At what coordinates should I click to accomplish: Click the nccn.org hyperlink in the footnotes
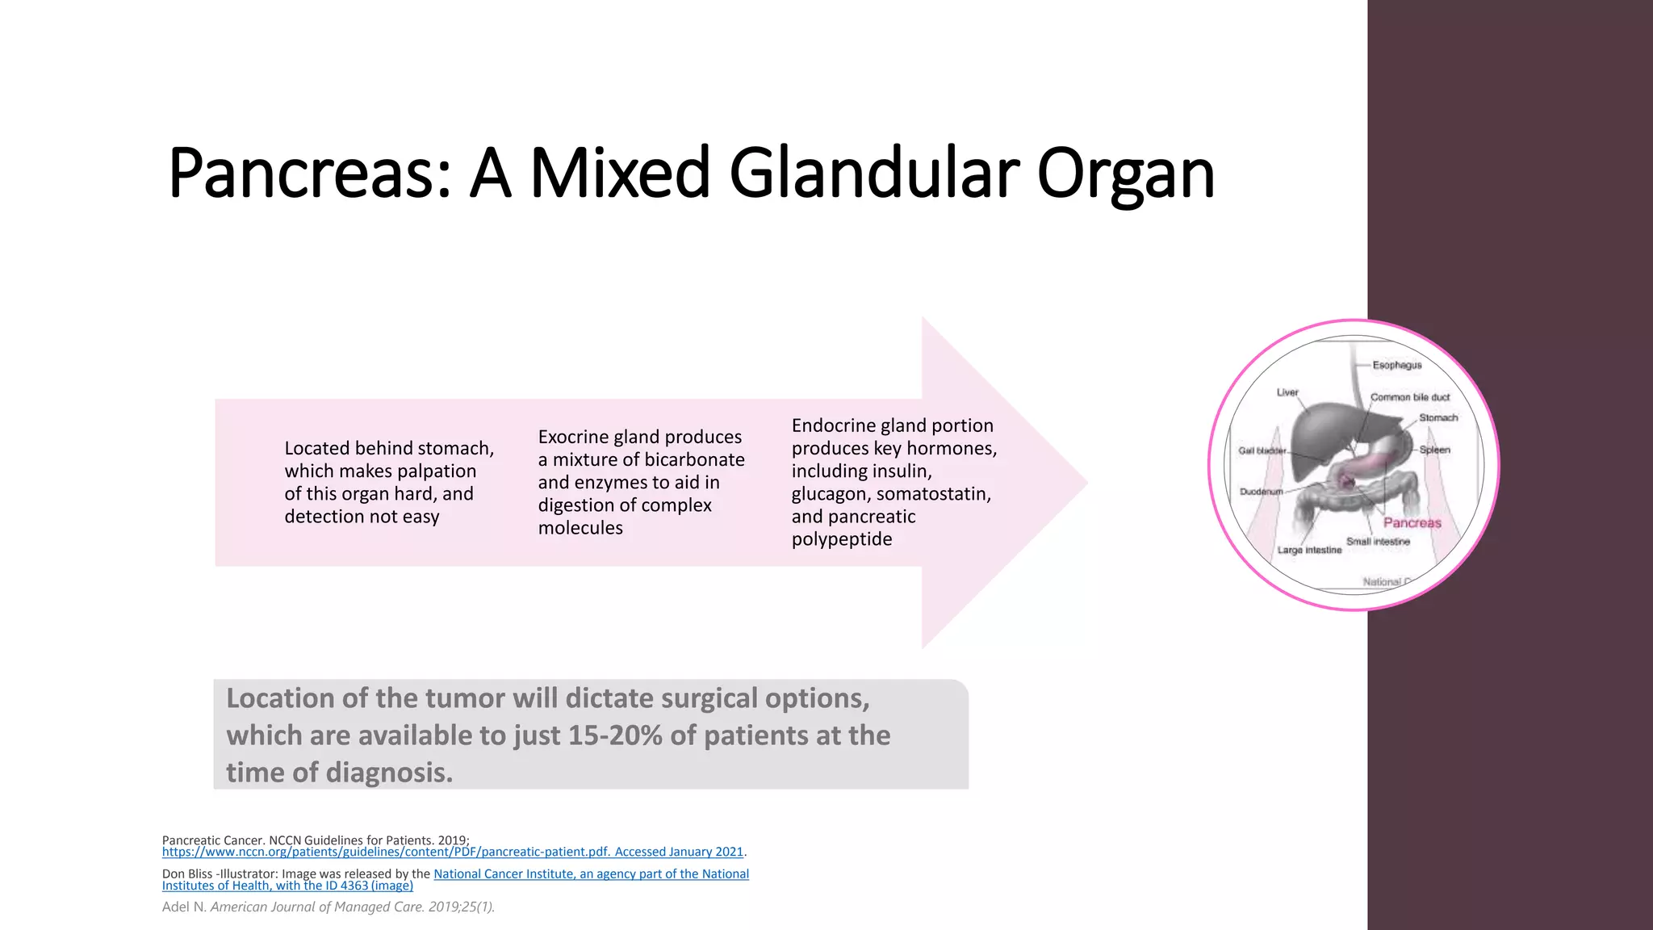tap(452, 852)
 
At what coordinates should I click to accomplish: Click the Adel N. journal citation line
tap(328, 907)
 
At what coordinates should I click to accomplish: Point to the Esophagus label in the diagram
tap(1397, 366)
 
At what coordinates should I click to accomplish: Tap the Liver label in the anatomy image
tap(1287, 392)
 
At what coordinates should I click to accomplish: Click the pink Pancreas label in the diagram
tap(1412, 523)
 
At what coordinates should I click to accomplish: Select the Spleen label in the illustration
tap(1434, 450)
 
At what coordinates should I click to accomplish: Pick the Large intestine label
tap(1309, 551)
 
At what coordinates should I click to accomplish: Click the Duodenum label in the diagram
tap(1261, 492)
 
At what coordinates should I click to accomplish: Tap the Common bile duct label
tap(1409, 397)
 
